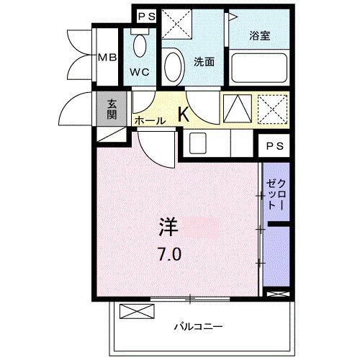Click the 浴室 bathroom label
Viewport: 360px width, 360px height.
pos(260,35)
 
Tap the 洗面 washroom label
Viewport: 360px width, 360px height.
pos(204,62)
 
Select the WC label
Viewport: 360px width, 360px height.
pos(139,72)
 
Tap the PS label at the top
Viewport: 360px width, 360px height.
pos(145,16)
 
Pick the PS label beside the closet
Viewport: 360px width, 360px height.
pos(274,147)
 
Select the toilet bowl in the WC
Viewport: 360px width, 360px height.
pos(140,45)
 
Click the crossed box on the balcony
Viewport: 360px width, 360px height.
pos(137,312)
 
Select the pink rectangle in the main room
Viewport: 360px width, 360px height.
pos(202,229)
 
